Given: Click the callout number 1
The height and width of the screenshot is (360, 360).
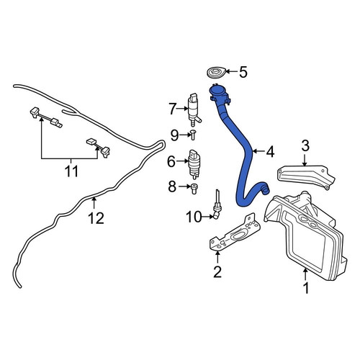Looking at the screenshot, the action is pyautogui.click(x=306, y=288).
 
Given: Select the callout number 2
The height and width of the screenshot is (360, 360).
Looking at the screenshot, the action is pyautogui.click(x=217, y=272).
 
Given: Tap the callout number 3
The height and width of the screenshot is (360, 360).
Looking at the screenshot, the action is pyautogui.click(x=305, y=145).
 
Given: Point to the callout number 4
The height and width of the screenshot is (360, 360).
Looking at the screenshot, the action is pyautogui.click(x=270, y=152).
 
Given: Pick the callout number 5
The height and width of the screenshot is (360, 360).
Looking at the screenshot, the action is pyautogui.click(x=243, y=72).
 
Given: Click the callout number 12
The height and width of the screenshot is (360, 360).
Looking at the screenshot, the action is pyautogui.click(x=96, y=218).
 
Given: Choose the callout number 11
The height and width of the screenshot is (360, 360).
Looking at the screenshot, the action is pyautogui.click(x=71, y=171).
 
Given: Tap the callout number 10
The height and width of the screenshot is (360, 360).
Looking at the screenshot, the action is pyautogui.click(x=194, y=217).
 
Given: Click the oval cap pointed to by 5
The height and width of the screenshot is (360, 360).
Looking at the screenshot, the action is pyautogui.click(x=216, y=73).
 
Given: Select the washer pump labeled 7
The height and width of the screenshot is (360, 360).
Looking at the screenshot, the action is pyautogui.click(x=194, y=109).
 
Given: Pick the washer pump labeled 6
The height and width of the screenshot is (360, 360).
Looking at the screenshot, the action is pyautogui.click(x=195, y=165).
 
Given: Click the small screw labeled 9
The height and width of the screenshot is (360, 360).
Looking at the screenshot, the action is pyautogui.click(x=193, y=135).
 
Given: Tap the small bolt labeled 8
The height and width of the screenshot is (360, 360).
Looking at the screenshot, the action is pyautogui.click(x=194, y=189).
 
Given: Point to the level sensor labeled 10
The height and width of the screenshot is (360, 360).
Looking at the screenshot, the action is pyautogui.click(x=217, y=204).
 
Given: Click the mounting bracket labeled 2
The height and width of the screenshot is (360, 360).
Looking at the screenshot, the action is pyautogui.click(x=235, y=233).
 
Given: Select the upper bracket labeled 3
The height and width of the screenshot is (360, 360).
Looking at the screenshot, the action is pyautogui.click(x=305, y=176).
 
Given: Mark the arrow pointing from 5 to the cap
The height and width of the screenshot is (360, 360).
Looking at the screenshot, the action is pyautogui.click(x=231, y=71).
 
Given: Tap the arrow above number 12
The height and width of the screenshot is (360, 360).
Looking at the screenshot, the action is pyautogui.click(x=94, y=202).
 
